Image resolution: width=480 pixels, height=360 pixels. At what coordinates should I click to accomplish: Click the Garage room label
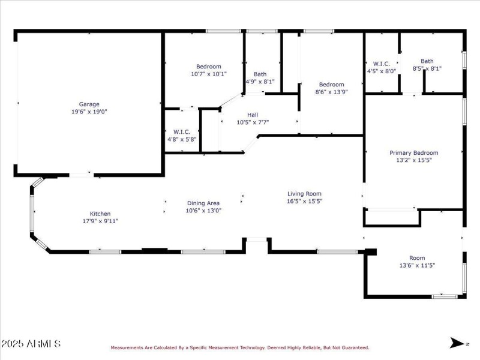point(89,104)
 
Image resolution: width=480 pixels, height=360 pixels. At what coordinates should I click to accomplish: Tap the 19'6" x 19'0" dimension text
point(89,112)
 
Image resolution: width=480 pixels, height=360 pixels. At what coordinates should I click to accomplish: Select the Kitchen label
point(100,214)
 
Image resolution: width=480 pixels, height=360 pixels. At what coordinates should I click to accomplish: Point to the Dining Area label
point(203,203)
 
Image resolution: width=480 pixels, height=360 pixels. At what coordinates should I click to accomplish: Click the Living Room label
point(304,193)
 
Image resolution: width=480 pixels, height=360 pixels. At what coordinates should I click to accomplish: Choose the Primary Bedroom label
point(413,152)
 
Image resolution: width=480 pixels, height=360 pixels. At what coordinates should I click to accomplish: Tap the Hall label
point(252,115)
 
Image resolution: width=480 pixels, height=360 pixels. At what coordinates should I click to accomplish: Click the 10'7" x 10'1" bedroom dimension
point(208,74)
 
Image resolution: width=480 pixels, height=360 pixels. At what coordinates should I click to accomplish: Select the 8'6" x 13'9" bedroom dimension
point(331,92)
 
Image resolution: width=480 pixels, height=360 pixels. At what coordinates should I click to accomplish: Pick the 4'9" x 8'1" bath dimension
point(260,82)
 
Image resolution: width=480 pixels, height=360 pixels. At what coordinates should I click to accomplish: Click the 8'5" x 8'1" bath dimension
point(427,68)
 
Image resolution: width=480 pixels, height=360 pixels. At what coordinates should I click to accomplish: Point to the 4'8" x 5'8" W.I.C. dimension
point(182,139)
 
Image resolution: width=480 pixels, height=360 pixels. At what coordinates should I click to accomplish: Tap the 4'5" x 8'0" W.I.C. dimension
point(382,71)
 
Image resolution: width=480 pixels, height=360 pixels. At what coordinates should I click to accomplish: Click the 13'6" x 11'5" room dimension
point(416,265)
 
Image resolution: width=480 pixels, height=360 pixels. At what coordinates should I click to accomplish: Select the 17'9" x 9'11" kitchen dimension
point(100,221)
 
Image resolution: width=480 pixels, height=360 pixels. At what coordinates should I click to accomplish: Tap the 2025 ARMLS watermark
point(31,344)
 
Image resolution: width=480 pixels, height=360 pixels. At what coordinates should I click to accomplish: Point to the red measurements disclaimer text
point(239,347)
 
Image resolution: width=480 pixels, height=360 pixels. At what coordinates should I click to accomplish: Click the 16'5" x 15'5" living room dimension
point(304,201)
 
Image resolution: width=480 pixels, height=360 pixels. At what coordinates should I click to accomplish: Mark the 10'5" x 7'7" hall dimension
point(252,122)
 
